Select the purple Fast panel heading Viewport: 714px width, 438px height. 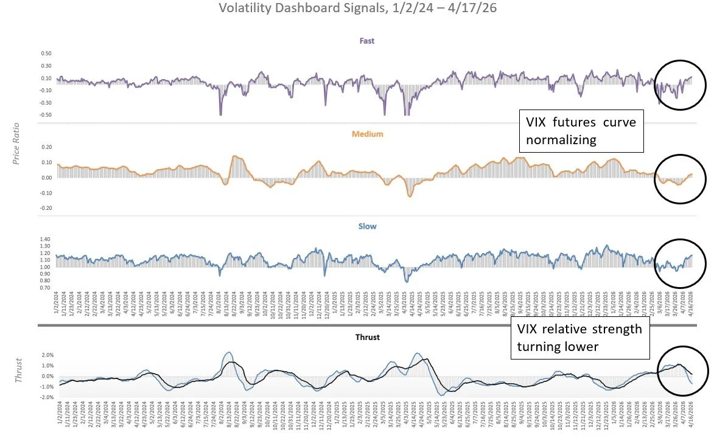click(x=367, y=41)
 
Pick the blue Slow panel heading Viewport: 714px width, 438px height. click(x=367, y=226)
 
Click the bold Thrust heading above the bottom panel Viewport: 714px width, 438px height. click(x=367, y=337)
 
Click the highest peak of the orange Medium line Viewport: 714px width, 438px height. click(x=234, y=156)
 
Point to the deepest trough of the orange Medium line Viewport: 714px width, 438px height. click(x=410, y=196)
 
